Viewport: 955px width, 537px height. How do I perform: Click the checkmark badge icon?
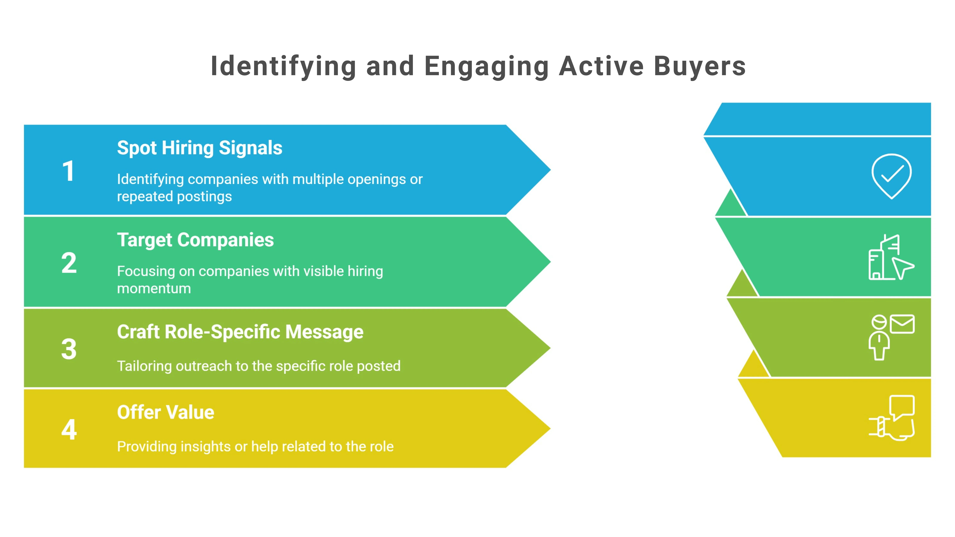click(x=891, y=176)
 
